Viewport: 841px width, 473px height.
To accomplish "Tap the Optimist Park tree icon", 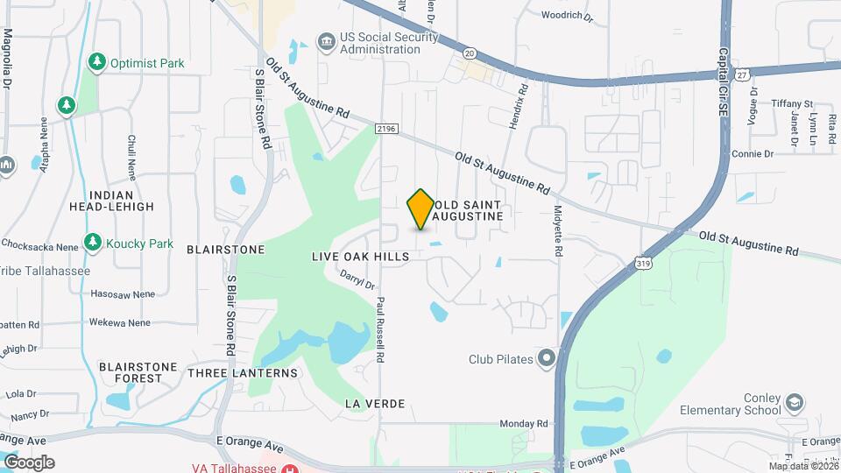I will click(x=97, y=62).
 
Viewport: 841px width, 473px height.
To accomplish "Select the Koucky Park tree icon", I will click(x=92, y=241).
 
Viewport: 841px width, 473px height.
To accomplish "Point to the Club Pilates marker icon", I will click(x=548, y=357).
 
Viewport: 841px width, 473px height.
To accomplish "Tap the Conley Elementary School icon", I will click(x=795, y=403).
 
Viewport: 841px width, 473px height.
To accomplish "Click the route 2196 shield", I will click(x=386, y=129).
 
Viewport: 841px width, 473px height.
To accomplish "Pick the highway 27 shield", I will click(x=742, y=74).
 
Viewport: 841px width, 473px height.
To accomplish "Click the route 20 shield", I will click(x=470, y=53).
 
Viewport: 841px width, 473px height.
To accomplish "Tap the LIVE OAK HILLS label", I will click(x=360, y=257).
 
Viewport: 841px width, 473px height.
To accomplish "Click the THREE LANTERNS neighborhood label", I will click(x=243, y=373).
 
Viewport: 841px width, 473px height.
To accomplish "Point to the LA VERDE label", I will click(x=375, y=403).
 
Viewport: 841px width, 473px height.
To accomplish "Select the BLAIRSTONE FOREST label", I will click(x=138, y=372).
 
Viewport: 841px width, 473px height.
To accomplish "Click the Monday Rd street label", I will click(x=530, y=423).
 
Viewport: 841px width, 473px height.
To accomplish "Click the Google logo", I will click(x=30, y=462).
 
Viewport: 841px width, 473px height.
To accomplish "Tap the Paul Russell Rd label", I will click(x=381, y=328).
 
